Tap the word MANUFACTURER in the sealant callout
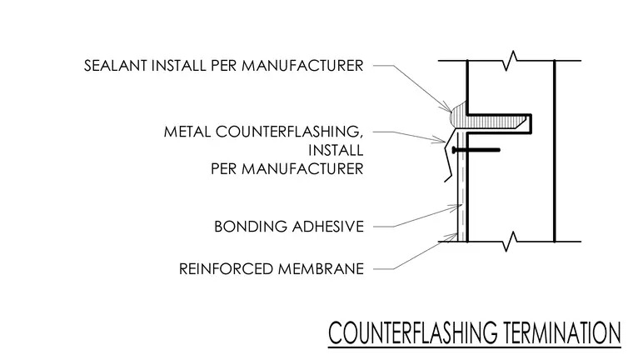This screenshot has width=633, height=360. point(302,66)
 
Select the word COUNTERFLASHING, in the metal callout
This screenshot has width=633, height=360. point(289,132)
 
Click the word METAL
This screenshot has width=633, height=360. point(187,132)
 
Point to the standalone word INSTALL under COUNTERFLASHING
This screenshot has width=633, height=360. point(336,150)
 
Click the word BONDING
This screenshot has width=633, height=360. point(251,227)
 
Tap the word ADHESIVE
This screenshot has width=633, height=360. point(328,227)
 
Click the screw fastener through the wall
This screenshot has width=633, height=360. point(476,150)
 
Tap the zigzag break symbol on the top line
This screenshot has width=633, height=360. point(511,61)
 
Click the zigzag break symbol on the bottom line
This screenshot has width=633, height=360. point(511,242)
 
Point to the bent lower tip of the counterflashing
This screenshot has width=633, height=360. point(448,178)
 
